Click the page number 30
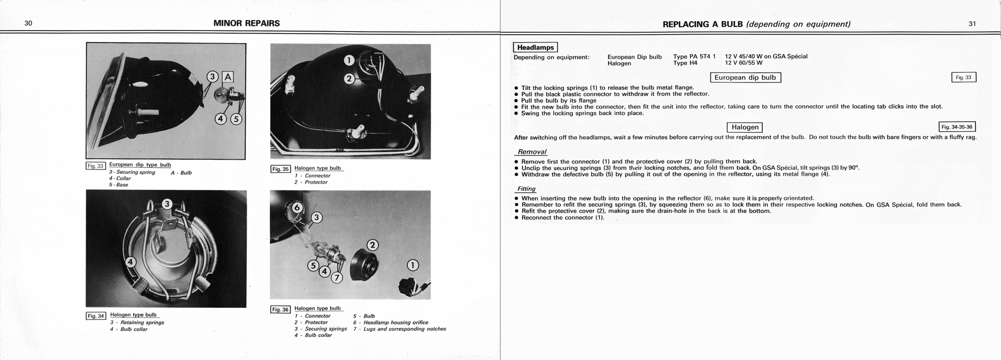pos(28,24)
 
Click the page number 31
pos(972,24)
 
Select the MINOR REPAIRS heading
pos(246,23)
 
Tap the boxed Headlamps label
pos(535,48)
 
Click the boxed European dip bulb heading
pos(745,78)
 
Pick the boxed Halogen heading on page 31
pos(745,127)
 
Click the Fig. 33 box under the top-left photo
pos(96,166)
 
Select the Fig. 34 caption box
pos(96,316)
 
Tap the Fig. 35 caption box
pos(280,169)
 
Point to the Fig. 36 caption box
pos(280,309)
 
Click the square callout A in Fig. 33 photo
pos(228,77)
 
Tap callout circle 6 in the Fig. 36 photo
pos(297,207)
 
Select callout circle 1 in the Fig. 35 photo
pos(349,61)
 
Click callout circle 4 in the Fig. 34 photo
pos(131,261)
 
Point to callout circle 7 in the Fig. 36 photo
pos(337,277)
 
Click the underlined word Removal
pos(532,152)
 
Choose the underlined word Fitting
pos(526,189)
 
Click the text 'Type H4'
pos(685,63)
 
